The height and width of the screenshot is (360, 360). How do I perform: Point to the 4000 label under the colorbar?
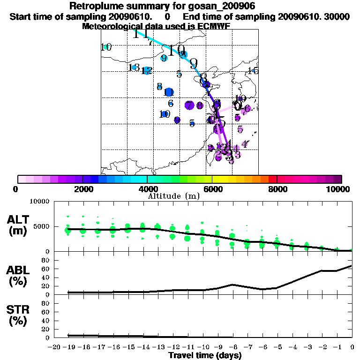pyautogui.click(x=147, y=189)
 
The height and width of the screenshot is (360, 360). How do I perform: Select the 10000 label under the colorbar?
pyautogui.click(x=339, y=189)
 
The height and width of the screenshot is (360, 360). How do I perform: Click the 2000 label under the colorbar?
pyautogui.click(x=82, y=189)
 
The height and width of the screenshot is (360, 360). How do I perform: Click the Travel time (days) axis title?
pyautogui.click(x=205, y=356)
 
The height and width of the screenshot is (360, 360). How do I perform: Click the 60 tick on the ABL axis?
pyautogui.click(x=46, y=269)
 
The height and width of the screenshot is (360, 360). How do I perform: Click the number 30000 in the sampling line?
pyautogui.click(x=337, y=16)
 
